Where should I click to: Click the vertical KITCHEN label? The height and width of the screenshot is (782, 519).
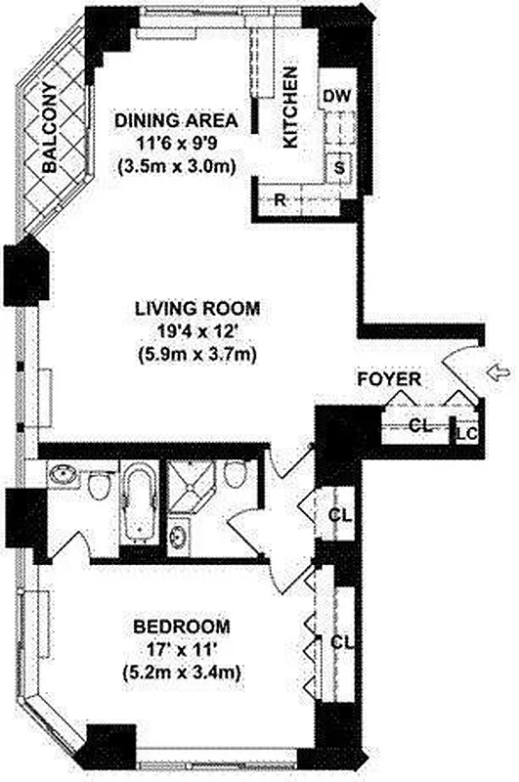click(x=290, y=108)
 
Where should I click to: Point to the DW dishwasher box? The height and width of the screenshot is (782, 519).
click(x=336, y=96)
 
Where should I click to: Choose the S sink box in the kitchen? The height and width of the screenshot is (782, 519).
click(x=339, y=167)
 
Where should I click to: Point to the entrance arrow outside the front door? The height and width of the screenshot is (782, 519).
click(x=496, y=370)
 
